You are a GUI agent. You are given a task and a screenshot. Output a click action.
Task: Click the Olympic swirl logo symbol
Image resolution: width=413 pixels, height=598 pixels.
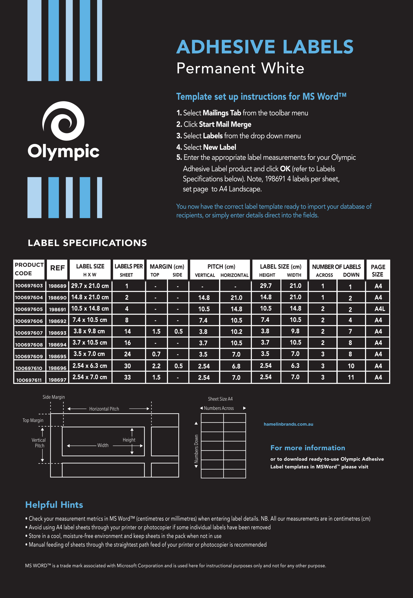tap(64, 121)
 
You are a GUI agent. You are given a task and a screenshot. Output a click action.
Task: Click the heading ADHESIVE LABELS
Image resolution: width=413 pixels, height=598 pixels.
tap(265, 47)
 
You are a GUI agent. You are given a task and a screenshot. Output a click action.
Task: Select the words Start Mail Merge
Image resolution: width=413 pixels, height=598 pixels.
tap(225, 125)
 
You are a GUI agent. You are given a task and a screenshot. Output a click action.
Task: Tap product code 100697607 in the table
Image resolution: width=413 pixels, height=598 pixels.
tap(29, 333)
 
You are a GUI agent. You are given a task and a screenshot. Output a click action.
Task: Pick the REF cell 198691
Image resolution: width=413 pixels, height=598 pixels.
tap(57, 309)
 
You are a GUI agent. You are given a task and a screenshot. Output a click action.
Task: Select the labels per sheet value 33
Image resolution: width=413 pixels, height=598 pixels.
tap(127, 377)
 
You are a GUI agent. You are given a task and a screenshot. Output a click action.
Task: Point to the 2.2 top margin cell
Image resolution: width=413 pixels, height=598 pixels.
tap(156, 366)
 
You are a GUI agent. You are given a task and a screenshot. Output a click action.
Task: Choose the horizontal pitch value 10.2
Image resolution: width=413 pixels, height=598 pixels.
tap(236, 332)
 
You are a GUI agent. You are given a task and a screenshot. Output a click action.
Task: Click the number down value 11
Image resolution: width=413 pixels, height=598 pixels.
tap(351, 377)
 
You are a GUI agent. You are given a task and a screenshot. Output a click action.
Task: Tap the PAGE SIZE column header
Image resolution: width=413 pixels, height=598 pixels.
tap(378, 271)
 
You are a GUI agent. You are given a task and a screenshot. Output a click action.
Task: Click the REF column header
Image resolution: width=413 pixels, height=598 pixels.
tap(57, 268)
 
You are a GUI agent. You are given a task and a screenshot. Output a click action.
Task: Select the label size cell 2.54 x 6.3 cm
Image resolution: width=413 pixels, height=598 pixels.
tap(90, 366)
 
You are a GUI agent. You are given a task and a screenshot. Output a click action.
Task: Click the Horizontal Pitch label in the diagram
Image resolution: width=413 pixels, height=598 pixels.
tap(104, 409)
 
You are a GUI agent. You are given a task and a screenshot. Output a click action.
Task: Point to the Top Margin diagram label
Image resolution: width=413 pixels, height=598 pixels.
tap(33, 420)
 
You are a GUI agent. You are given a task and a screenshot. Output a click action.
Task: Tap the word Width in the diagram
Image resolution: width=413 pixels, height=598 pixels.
tap(103, 445)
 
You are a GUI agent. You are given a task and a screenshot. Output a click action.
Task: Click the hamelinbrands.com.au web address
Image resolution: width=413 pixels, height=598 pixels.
tap(288, 424)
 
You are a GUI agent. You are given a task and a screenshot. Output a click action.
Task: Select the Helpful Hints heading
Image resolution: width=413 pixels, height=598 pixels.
tap(54, 505)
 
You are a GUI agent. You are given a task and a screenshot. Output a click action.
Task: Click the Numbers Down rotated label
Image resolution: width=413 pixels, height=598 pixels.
tap(196, 449)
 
